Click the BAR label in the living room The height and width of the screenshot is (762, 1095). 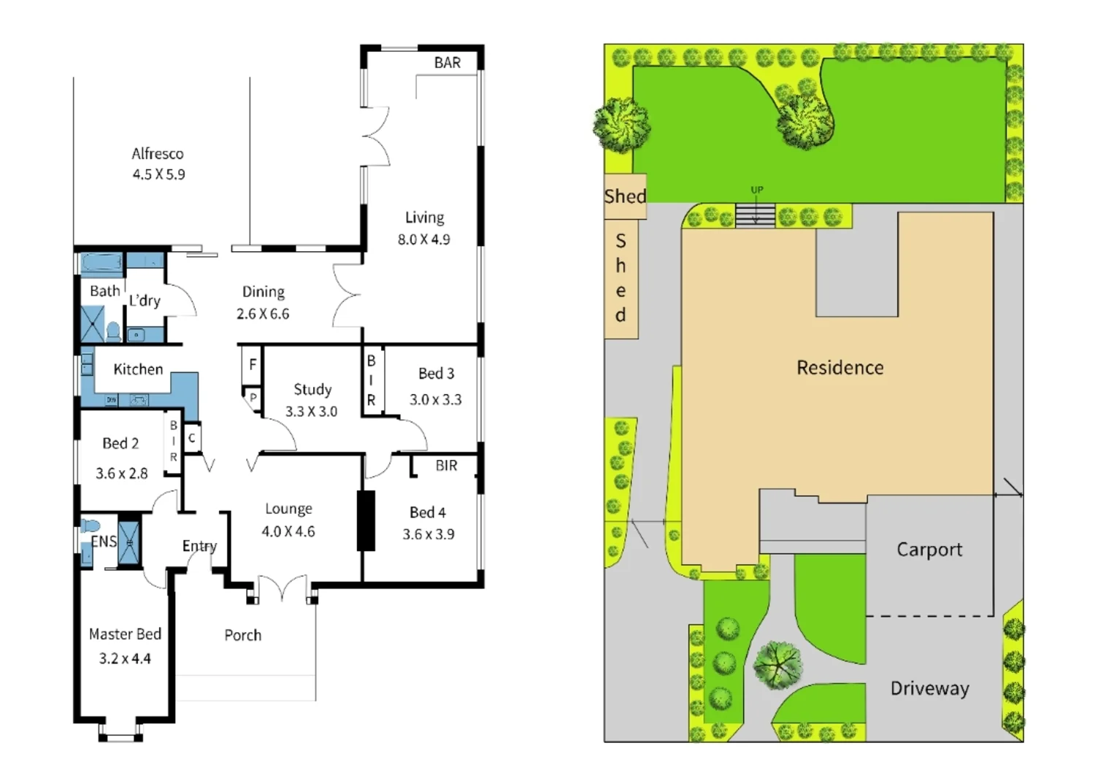(447, 63)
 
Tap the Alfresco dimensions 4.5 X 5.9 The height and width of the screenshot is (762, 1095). (158, 174)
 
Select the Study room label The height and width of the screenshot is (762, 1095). (312, 389)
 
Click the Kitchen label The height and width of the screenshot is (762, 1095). (138, 369)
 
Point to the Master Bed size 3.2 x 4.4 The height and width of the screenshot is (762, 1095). (125, 658)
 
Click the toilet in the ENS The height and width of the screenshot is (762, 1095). (90, 526)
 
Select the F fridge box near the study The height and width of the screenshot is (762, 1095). (253, 364)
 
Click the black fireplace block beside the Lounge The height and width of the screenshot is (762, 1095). (366, 520)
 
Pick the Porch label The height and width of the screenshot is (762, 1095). (242, 635)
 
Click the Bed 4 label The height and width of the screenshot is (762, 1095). (428, 512)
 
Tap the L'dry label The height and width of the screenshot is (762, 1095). (145, 300)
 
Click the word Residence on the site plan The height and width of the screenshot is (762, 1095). (839, 367)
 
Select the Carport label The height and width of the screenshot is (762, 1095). (929, 549)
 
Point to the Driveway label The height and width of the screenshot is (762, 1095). (929, 688)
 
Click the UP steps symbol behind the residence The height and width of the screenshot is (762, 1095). (755, 215)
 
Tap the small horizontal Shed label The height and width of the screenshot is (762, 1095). (625, 196)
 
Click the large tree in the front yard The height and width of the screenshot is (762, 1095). (777, 664)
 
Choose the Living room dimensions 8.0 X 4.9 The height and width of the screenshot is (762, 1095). (423, 239)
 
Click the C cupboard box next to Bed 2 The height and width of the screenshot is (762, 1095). (192, 438)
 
